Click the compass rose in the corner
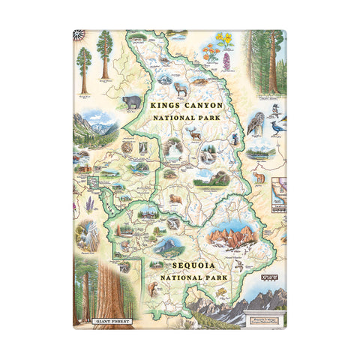click(79, 34)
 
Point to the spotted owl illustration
click(256, 122)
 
